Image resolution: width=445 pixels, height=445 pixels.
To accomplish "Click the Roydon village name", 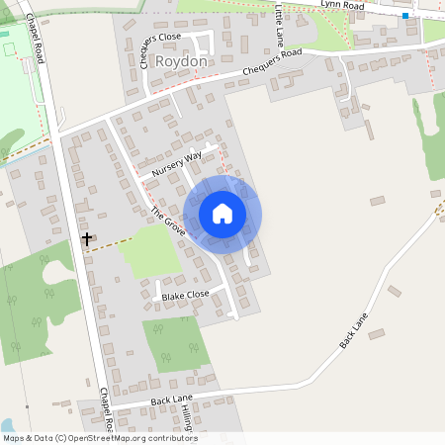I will pos(182,61).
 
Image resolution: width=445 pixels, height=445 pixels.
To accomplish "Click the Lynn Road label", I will pos(342,6).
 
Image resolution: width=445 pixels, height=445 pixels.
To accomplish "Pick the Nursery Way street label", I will pos(177,163).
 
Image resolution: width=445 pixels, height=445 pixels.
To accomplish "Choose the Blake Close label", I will pos(186,295).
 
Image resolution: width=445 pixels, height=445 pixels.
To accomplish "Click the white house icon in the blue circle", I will pos(222,214).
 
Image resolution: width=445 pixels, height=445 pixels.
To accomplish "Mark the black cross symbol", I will pos(86,238).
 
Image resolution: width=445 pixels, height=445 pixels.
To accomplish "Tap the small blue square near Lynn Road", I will pos(405,16).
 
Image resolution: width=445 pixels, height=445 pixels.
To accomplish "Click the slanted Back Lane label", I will pos(353,330).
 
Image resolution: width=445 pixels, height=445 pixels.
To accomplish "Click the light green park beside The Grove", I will pos(149,251).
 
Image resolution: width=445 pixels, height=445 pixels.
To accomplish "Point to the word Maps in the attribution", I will pos(13,438).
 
